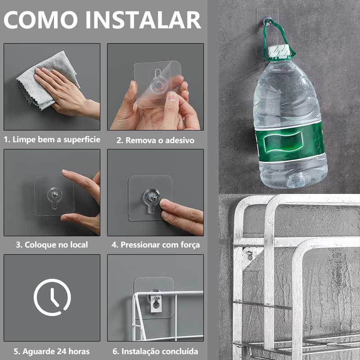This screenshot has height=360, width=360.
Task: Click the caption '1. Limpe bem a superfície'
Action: [x=52, y=139]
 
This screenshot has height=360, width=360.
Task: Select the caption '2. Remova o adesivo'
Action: [x=155, y=140]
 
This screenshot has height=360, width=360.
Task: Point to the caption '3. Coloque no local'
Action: [x=52, y=245]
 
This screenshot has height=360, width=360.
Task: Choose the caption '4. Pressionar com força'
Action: [x=156, y=245]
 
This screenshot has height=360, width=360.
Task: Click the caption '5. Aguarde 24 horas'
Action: [x=51, y=351]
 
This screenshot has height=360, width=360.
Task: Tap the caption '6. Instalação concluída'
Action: [x=156, y=351]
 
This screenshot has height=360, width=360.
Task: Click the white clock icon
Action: [x=52, y=297]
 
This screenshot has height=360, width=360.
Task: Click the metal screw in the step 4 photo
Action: [x=153, y=197]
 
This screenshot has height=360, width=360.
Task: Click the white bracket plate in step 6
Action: [x=156, y=305]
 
